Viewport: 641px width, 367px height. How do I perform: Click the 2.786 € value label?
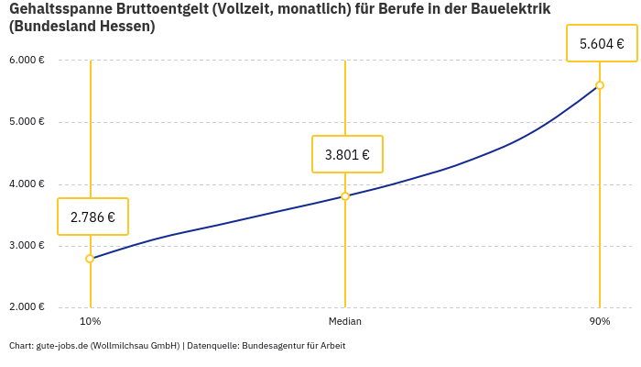[x=92, y=217]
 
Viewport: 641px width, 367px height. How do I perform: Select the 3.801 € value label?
[x=347, y=155]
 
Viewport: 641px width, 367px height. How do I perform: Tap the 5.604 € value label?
[x=602, y=44]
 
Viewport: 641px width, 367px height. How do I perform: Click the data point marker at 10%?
[x=90, y=259]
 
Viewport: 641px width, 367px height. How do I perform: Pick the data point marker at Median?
[x=345, y=196]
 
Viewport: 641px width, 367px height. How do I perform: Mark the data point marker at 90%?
[x=600, y=85]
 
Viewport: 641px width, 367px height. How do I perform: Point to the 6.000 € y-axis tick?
[x=27, y=61]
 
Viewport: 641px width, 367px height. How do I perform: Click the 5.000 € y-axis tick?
[x=27, y=122]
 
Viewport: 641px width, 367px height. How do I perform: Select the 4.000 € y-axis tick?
[x=27, y=184]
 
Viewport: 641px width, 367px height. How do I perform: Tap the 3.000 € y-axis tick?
[x=27, y=246]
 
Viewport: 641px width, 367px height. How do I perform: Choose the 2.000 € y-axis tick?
[x=27, y=307]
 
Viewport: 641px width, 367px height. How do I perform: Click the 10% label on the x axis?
[x=90, y=322]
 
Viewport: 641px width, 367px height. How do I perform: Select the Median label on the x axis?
[x=345, y=322]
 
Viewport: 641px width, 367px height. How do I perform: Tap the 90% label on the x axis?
[x=600, y=322]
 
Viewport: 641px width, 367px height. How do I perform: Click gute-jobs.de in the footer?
[x=61, y=346]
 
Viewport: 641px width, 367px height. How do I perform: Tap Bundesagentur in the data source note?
[x=271, y=346]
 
